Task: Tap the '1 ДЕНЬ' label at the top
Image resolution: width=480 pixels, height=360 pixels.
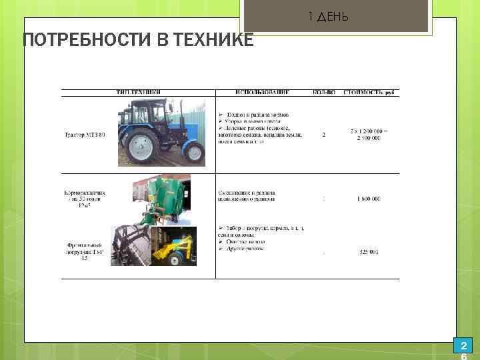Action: (328, 16)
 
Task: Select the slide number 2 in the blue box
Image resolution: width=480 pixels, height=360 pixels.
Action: (463, 346)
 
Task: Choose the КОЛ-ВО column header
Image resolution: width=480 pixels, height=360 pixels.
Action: (324, 92)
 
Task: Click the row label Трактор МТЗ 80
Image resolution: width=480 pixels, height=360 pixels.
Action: (85, 135)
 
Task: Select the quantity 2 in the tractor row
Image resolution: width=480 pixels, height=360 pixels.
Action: (324, 135)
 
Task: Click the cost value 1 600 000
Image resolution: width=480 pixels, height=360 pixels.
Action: (368, 199)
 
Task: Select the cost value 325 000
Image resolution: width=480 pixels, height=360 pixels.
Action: (368, 252)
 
